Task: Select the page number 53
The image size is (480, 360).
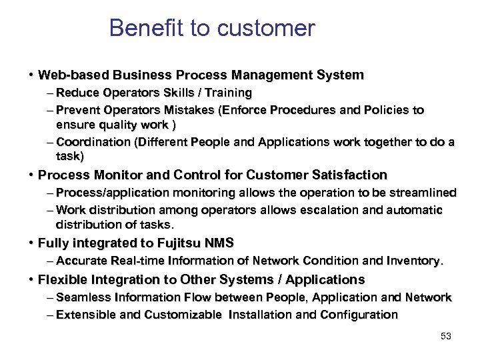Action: (x=446, y=337)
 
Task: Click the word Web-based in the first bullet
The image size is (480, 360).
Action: (x=69, y=75)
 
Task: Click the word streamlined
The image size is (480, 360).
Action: (x=421, y=193)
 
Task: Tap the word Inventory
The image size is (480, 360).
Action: (x=415, y=260)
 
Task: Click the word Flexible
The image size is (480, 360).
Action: (x=62, y=279)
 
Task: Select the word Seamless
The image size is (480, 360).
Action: (x=84, y=297)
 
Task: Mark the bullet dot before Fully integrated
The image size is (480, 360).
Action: (x=31, y=243)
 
